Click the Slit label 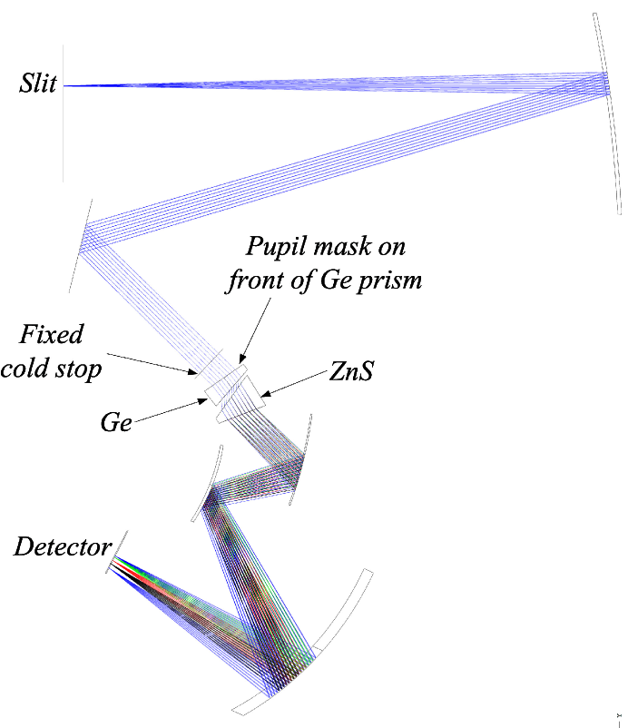click(38, 84)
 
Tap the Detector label click(62, 546)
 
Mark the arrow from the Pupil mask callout click(254, 332)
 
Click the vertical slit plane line click(64, 136)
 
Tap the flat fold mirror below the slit click(79, 241)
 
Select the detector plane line click(118, 552)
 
